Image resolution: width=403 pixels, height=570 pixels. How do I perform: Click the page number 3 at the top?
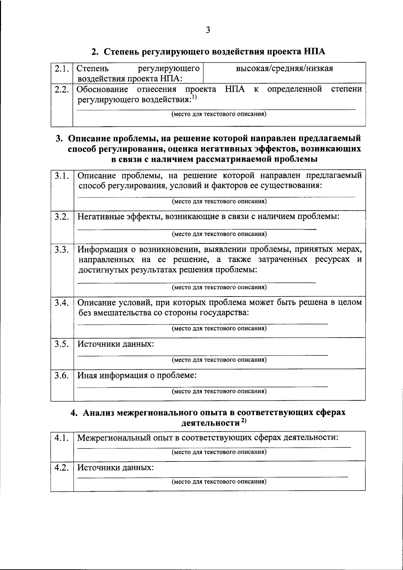pyautogui.click(x=208, y=30)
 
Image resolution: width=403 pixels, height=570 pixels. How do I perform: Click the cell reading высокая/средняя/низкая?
pyautogui.click(x=284, y=69)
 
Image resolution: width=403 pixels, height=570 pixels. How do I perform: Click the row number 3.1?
pyautogui.click(x=62, y=176)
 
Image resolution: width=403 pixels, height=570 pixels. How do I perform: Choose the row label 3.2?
pyautogui.click(x=62, y=217)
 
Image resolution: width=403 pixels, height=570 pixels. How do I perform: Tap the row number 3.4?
pyautogui.click(x=62, y=303)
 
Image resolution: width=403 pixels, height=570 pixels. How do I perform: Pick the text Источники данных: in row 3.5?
pyautogui.click(x=116, y=344)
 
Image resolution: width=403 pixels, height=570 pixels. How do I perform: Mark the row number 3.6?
pyautogui.click(x=62, y=376)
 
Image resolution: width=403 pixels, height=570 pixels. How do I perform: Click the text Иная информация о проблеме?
pyautogui.click(x=137, y=376)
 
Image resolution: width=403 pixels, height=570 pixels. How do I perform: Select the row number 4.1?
pyautogui.click(x=62, y=438)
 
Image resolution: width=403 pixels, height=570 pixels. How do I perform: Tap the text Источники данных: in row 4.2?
pyautogui.click(x=116, y=468)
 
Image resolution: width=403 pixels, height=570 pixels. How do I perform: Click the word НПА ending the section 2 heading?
pyautogui.click(x=315, y=52)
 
